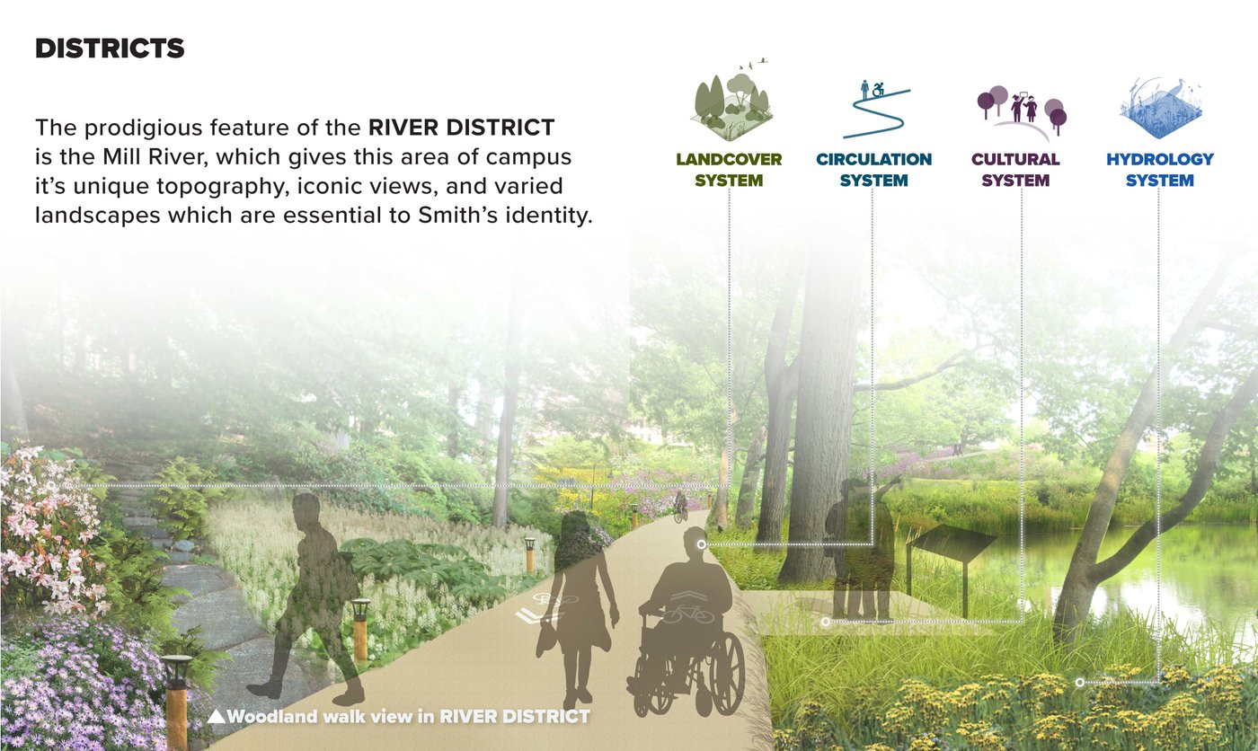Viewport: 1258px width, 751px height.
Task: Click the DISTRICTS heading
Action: coord(110,49)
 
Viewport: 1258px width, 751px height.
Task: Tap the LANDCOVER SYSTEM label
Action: coord(729,170)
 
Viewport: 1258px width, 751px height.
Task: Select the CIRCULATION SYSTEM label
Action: coord(873,170)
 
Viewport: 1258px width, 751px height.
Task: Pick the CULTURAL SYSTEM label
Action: coord(1015,170)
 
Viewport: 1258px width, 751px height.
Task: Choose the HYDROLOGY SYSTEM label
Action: coord(1160,170)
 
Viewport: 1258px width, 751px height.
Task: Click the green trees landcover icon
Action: coord(730,101)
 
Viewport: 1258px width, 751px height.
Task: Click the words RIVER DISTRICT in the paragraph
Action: coord(462,128)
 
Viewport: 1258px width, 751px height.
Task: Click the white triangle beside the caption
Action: coord(217,716)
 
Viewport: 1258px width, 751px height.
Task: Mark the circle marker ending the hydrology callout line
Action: coord(1079,683)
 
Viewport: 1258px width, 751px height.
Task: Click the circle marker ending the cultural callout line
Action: coord(825,622)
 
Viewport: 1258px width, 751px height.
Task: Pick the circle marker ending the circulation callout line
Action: coord(701,543)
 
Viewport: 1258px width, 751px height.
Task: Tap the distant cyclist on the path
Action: coord(681,507)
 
